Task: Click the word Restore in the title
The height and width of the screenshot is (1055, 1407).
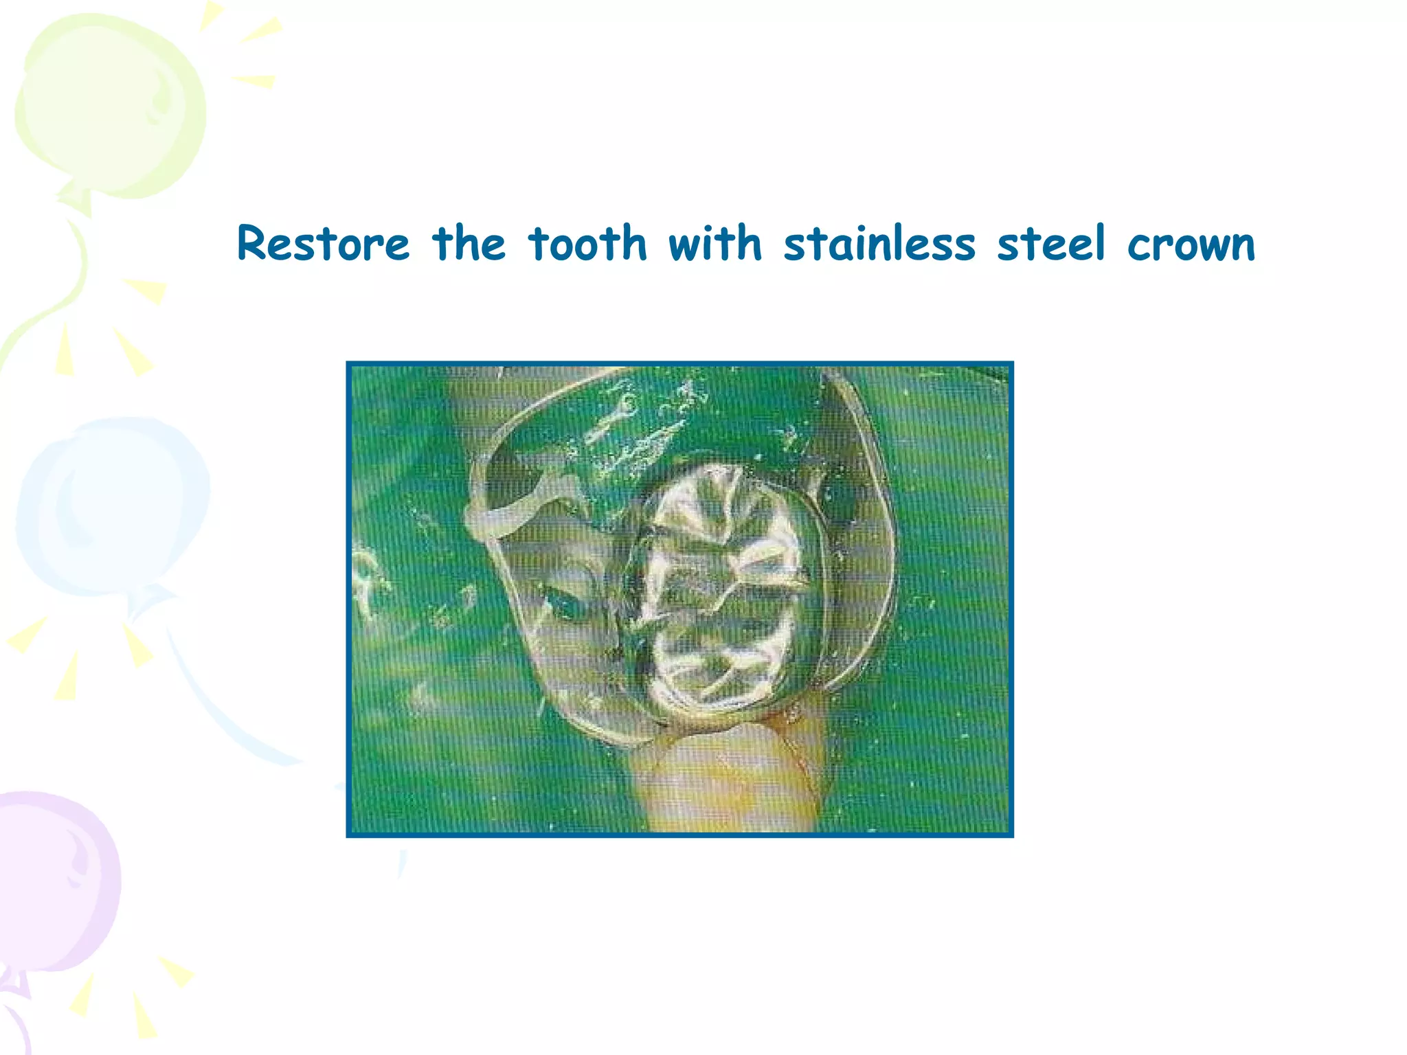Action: point(323,244)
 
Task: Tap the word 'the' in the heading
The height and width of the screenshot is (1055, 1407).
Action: point(469,244)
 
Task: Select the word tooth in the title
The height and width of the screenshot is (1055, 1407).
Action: point(588,244)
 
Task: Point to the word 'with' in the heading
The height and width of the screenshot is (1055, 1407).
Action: point(715,244)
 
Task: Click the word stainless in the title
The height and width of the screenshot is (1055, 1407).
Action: point(879,244)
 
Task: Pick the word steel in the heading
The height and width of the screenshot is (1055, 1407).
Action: point(1051,244)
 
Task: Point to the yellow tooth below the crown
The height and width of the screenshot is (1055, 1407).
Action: point(728,783)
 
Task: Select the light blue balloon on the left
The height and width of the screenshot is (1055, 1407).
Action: point(110,508)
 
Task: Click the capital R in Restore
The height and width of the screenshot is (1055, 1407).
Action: point(252,244)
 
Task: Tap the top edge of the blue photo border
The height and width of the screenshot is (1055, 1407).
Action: point(680,364)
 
